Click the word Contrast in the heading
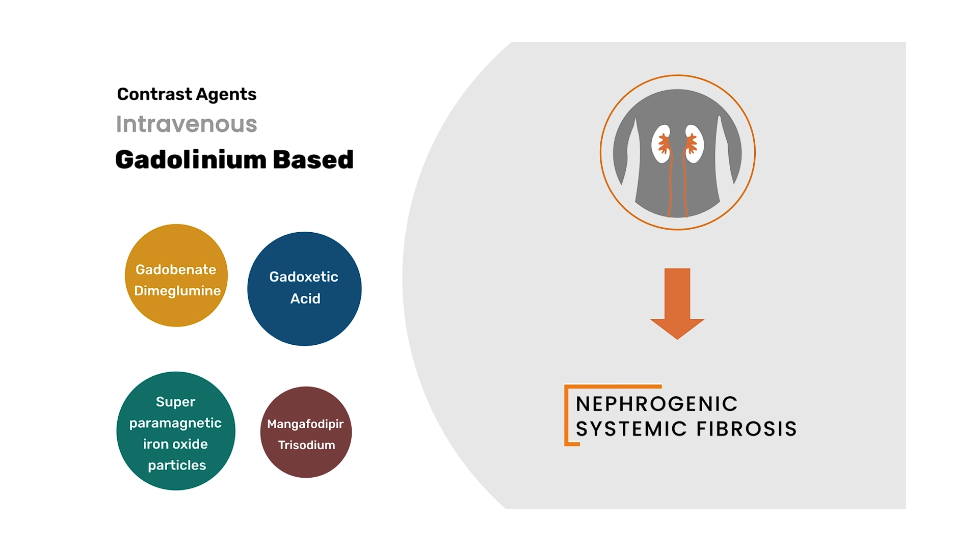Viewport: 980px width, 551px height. pyautogui.click(x=154, y=94)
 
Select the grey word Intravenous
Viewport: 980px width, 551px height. pyautogui.click(x=187, y=124)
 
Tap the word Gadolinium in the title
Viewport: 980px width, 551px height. pyautogui.click(x=191, y=159)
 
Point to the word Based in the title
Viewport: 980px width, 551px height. pyautogui.click(x=313, y=159)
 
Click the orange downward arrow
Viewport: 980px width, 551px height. pyautogui.click(x=677, y=304)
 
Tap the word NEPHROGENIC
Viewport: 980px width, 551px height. pyautogui.click(x=656, y=404)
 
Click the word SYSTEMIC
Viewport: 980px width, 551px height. pyautogui.click(x=631, y=429)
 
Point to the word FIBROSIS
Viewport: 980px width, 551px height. pyautogui.click(x=747, y=429)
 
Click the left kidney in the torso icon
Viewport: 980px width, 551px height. pyautogui.click(x=661, y=144)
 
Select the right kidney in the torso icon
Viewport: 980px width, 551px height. pyautogui.click(x=694, y=144)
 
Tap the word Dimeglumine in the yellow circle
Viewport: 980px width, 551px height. pyautogui.click(x=177, y=291)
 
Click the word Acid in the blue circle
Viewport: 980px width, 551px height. pyautogui.click(x=305, y=298)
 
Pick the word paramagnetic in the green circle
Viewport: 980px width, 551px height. pyautogui.click(x=175, y=423)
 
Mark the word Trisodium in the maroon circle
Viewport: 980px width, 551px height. pyautogui.click(x=306, y=445)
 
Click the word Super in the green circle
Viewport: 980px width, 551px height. pyautogui.click(x=175, y=402)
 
